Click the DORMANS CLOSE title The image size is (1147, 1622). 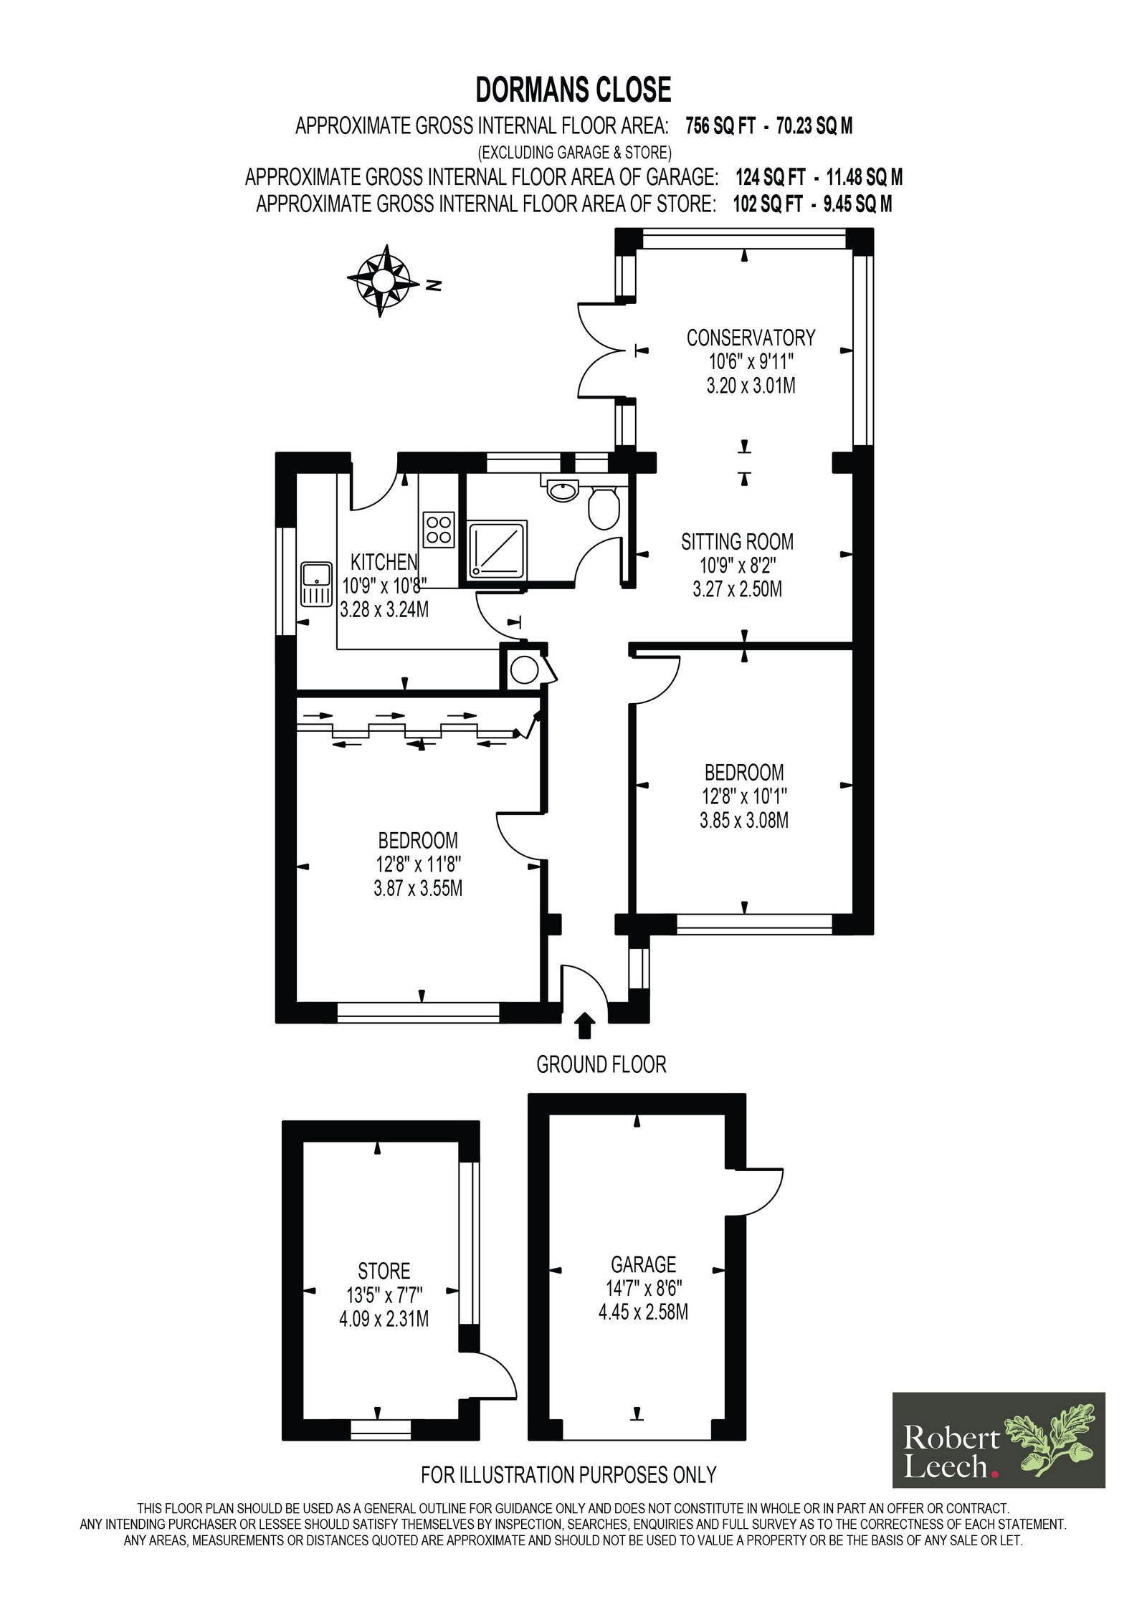(x=573, y=90)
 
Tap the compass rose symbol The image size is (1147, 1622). (x=383, y=280)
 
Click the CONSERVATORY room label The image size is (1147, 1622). (x=751, y=338)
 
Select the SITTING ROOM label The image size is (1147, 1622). (x=737, y=541)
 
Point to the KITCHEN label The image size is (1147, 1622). (x=384, y=562)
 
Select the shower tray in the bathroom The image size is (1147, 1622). (x=498, y=549)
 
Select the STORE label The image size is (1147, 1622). (x=384, y=1272)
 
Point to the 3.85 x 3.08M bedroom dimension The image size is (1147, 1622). (x=744, y=820)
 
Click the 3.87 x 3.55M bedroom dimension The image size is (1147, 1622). (x=418, y=888)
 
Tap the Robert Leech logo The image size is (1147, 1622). (x=998, y=1440)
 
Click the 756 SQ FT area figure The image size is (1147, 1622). (x=720, y=126)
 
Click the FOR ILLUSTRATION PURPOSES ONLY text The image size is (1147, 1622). (x=568, y=1474)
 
